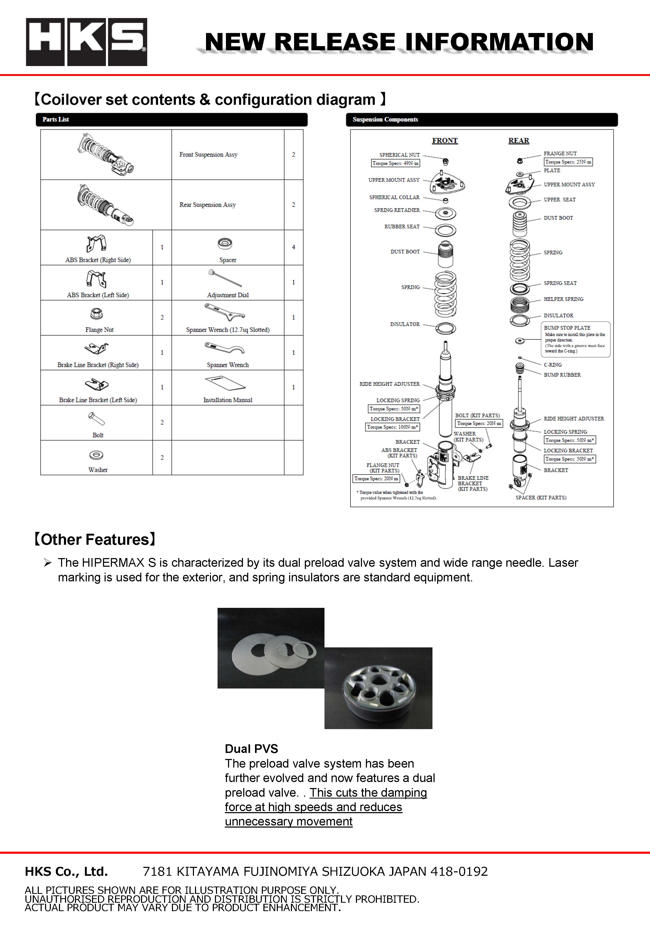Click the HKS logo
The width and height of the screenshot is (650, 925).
click(86, 42)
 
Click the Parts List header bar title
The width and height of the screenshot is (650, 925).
click(56, 119)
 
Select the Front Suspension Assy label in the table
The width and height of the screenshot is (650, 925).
click(208, 154)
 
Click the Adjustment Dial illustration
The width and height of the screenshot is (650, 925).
click(225, 278)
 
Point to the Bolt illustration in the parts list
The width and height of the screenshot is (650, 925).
click(96, 419)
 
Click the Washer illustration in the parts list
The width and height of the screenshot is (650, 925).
click(96, 455)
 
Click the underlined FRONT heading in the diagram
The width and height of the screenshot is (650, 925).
click(445, 141)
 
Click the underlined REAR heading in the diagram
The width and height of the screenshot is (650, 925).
click(518, 141)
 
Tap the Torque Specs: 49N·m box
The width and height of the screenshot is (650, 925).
click(395, 163)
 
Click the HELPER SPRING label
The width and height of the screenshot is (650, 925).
click(563, 299)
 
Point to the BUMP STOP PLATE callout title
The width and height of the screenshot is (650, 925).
click(567, 328)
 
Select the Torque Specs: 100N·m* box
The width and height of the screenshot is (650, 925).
click(392, 427)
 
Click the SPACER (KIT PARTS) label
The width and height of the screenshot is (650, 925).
click(541, 498)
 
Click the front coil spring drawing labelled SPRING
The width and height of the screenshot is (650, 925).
click(445, 294)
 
